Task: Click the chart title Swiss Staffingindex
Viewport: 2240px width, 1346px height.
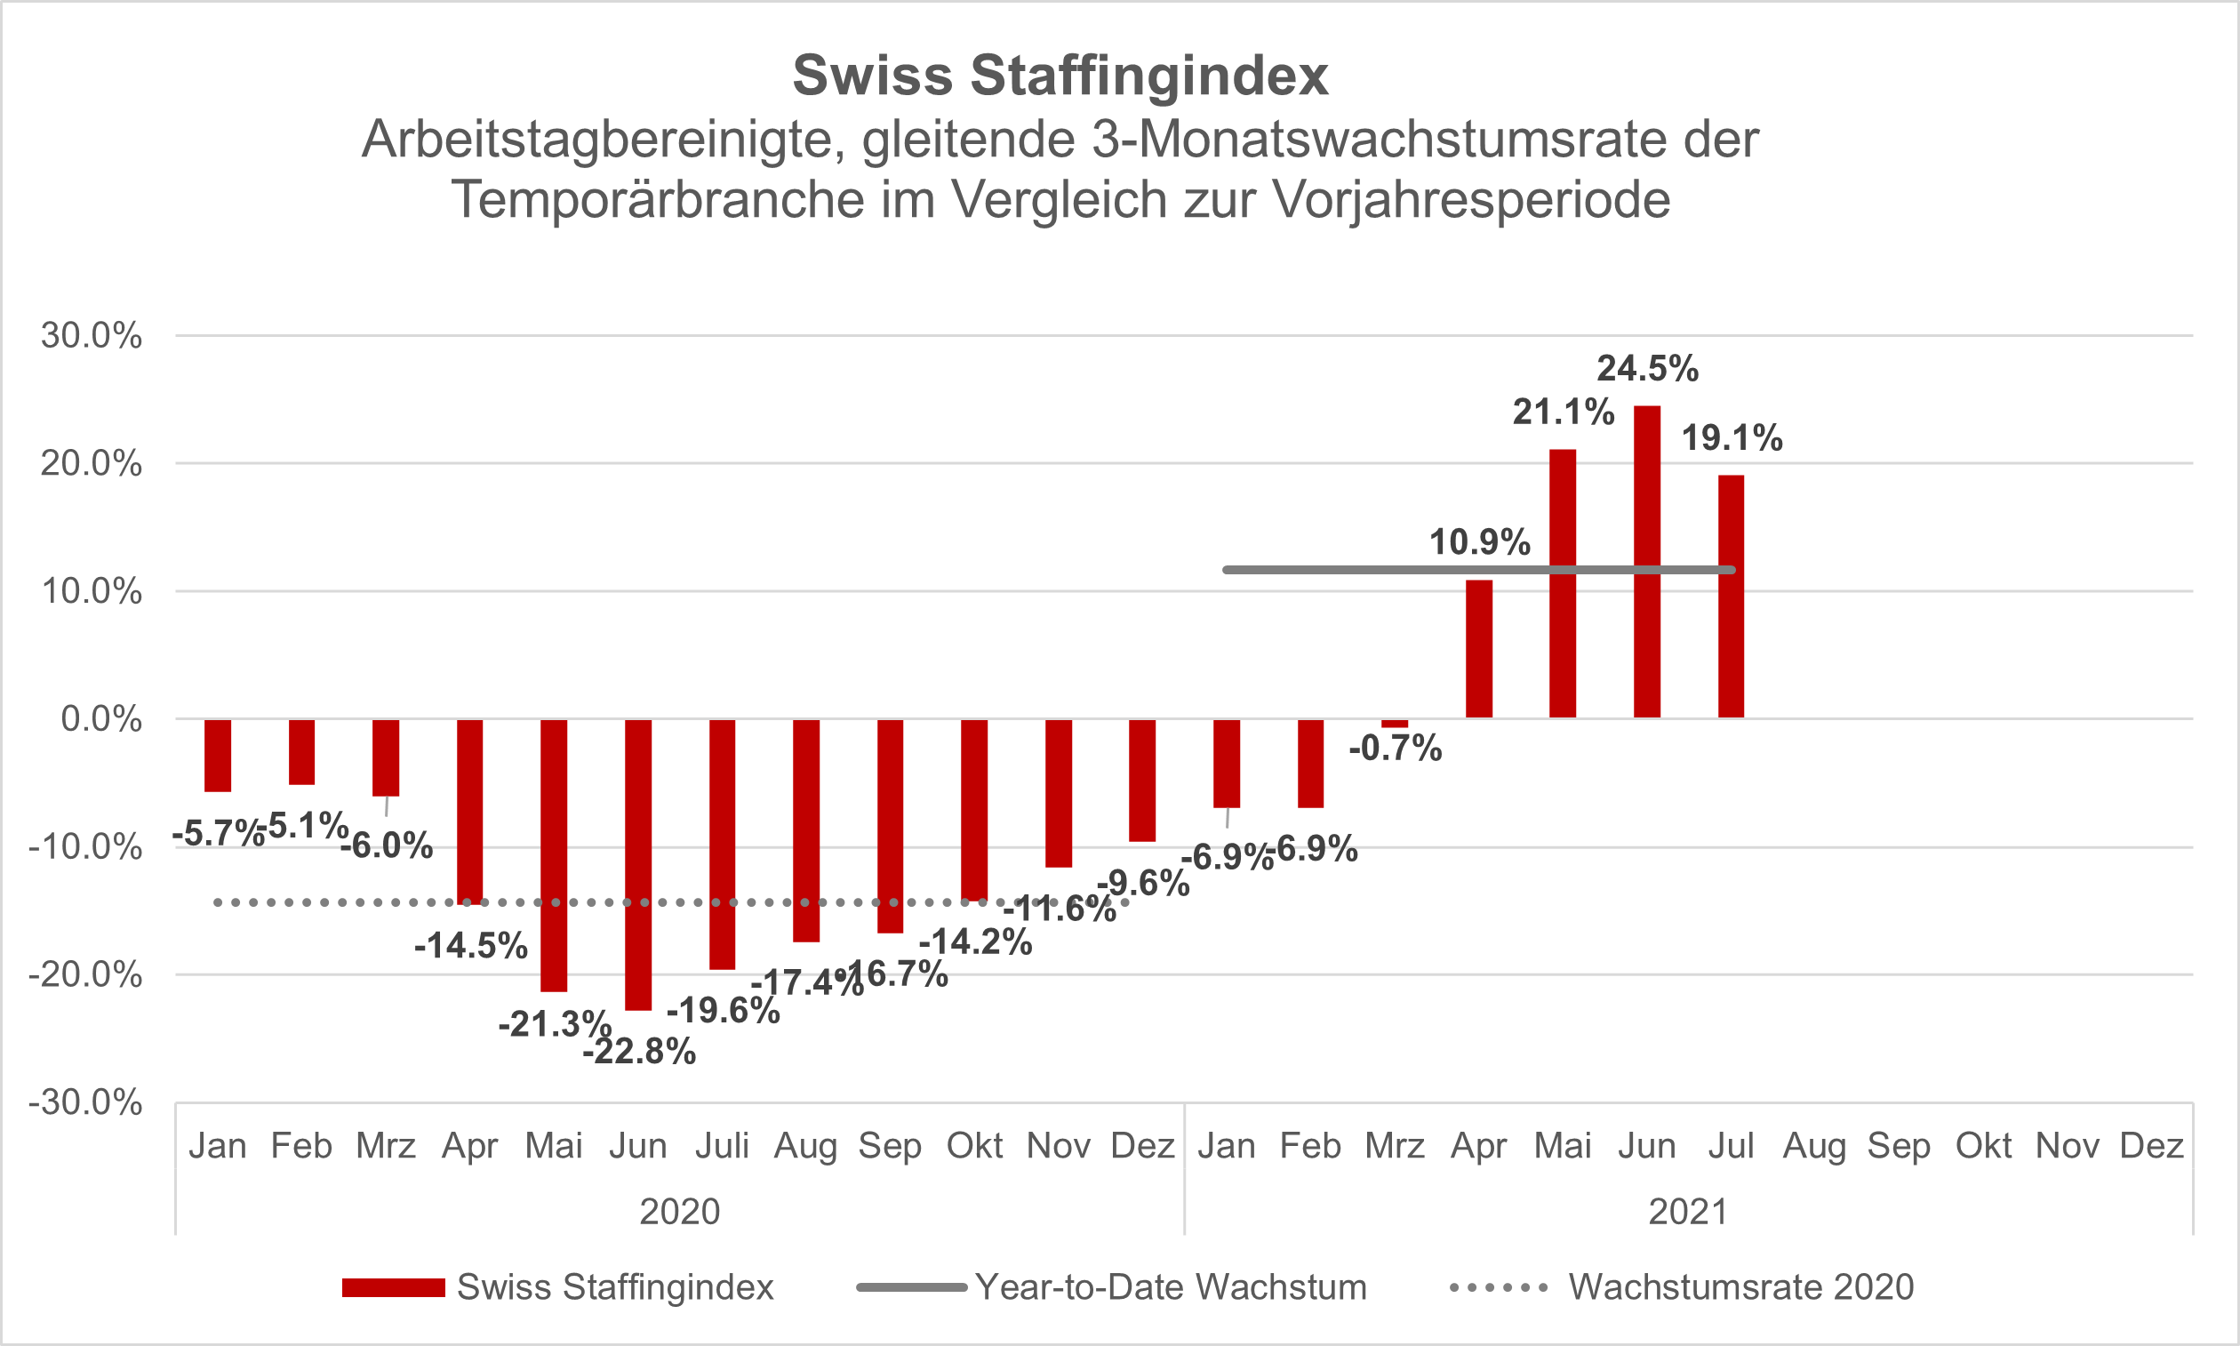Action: (x=1060, y=76)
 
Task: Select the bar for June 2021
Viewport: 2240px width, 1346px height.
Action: (x=1647, y=562)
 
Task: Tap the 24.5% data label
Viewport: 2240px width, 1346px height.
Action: (x=1647, y=369)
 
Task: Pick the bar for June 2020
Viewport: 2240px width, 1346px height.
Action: (x=637, y=864)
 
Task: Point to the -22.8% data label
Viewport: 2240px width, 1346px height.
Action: (x=639, y=1052)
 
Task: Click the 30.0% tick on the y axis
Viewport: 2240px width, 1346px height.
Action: (x=92, y=336)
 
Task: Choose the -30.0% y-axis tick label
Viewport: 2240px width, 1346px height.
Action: (x=85, y=1103)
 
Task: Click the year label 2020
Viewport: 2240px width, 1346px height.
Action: (x=679, y=1212)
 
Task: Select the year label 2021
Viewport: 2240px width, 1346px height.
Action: (x=1688, y=1212)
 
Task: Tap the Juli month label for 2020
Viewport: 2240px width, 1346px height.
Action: (x=722, y=1147)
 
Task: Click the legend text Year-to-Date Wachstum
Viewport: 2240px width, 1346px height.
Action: (x=1171, y=1287)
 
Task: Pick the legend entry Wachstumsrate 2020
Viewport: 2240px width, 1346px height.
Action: (x=1741, y=1287)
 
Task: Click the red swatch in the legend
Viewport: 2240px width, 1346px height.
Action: (x=393, y=1288)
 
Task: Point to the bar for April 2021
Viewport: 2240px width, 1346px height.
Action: (x=1478, y=649)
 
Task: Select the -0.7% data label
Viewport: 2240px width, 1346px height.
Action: (x=1395, y=749)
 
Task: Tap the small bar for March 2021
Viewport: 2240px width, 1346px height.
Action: (x=1395, y=724)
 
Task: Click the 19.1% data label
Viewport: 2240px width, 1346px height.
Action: (x=1732, y=439)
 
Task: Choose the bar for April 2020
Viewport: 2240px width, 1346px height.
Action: (x=469, y=812)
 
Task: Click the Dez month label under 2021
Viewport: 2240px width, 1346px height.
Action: (x=2151, y=1147)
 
